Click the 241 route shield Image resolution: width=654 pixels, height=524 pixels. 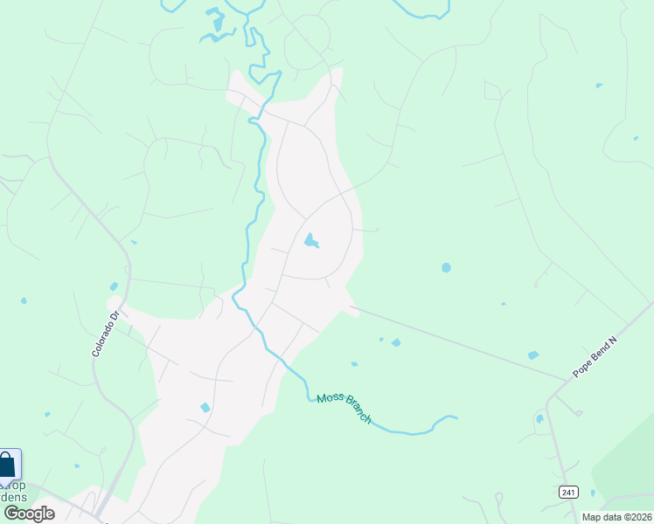pos(568,493)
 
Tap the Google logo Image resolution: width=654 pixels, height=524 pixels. pos(28,514)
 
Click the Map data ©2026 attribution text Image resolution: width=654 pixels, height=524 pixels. pos(617,517)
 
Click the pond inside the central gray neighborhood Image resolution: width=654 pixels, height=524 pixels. pos(310,240)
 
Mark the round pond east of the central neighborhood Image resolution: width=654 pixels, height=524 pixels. pos(446,267)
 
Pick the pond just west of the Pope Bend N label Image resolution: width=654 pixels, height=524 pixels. pos(532,355)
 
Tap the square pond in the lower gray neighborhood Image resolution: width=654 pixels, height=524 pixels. pos(205,408)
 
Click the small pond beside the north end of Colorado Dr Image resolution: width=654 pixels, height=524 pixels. pos(114,286)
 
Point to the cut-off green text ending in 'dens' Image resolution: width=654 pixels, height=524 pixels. pos(15,496)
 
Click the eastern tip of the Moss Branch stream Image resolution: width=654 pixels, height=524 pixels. pos(456,417)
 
